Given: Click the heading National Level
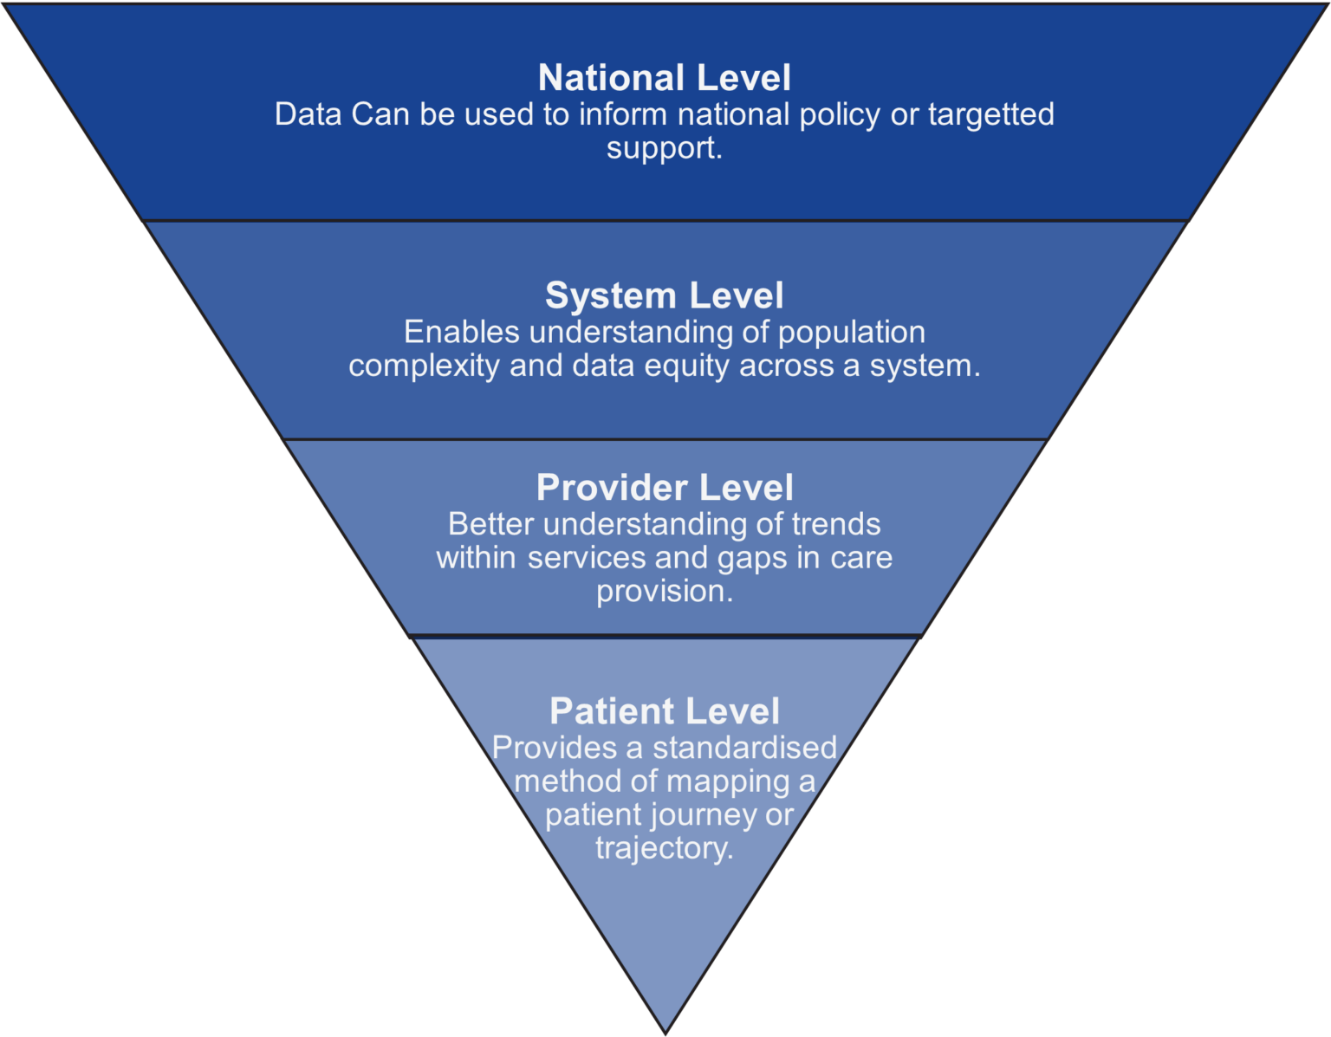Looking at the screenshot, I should pos(665,78).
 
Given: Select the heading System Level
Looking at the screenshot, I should pos(665,295).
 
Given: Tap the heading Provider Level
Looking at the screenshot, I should pos(665,488).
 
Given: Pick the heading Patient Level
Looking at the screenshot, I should pos(665,711).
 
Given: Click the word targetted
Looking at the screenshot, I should pos(991,114).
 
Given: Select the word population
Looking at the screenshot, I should pos(851,332).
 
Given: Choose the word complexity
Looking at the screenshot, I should pos(424,366).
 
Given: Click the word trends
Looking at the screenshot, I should pos(835,524).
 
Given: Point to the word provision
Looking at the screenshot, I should pos(663,592).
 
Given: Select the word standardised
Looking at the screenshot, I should pos(744,748).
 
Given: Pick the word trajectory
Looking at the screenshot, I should pos(663,848).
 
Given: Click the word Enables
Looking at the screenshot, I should pos(461,332).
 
